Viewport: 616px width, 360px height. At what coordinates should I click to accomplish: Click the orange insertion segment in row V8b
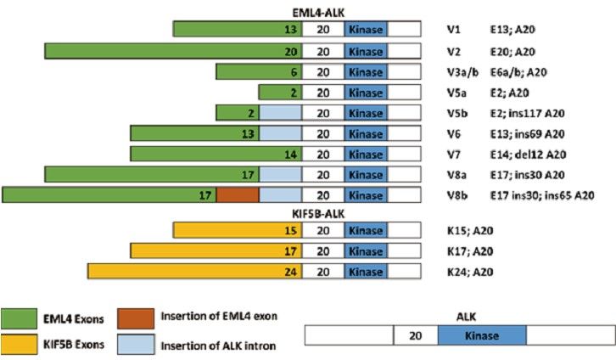(x=238, y=194)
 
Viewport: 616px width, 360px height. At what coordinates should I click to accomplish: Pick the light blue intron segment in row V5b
(x=280, y=112)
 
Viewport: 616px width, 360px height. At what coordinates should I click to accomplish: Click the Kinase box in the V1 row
(x=366, y=30)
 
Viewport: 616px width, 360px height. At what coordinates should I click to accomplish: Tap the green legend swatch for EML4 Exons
(x=21, y=318)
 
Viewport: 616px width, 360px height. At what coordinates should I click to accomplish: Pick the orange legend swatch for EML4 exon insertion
(x=136, y=318)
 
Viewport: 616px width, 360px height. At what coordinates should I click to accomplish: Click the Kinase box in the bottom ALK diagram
(x=481, y=335)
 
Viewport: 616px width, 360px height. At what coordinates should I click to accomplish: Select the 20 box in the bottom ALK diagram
(x=416, y=335)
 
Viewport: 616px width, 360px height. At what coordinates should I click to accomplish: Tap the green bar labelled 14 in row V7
(x=216, y=154)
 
